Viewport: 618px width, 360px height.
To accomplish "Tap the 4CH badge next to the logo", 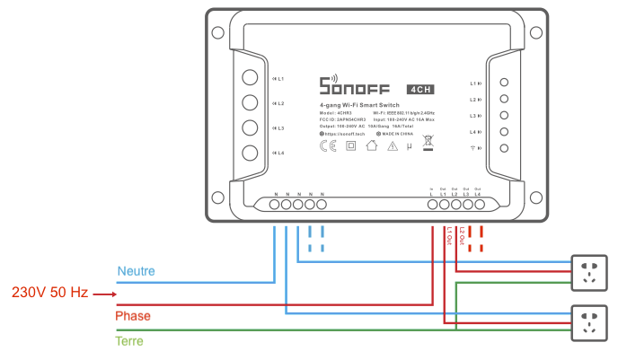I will (422, 88).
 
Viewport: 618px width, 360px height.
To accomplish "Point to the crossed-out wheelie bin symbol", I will (428, 144).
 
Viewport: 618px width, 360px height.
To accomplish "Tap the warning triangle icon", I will (392, 146).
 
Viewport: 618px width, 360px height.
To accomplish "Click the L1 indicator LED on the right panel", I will (504, 83).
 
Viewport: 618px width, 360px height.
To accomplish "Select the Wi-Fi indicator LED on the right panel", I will (504, 148).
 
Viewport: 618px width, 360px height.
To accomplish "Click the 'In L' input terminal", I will (432, 205).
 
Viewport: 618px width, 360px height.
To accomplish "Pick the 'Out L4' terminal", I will (479, 205).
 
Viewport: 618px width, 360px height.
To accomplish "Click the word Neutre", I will (135, 270).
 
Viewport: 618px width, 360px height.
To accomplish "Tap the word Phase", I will (133, 316).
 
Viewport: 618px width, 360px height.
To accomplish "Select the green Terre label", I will (129, 340).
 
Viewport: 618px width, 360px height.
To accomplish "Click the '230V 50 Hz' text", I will (49, 293).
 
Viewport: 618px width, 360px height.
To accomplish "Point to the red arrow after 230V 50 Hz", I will (105, 294).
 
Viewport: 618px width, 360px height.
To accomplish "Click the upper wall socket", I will (590, 273).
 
